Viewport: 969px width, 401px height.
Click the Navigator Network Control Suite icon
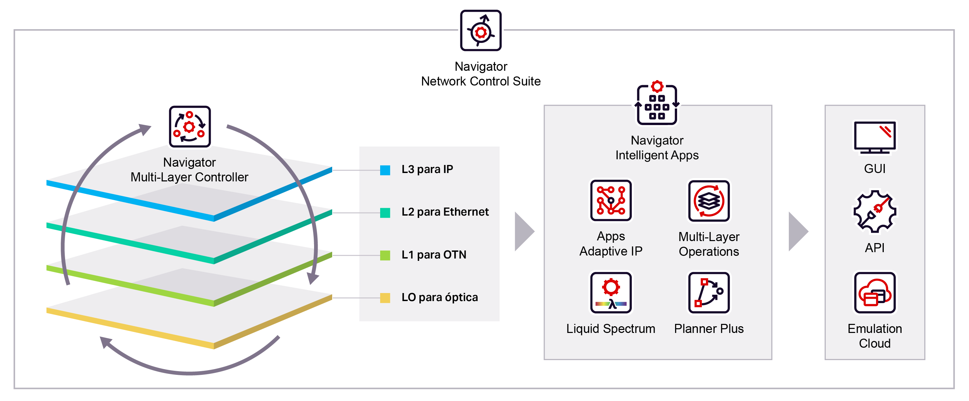[x=481, y=31]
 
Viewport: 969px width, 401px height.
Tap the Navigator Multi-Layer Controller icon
[x=190, y=127]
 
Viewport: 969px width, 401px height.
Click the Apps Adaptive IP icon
[x=611, y=200]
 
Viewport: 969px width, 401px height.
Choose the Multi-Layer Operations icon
[x=709, y=200]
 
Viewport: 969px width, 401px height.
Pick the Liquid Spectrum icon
[x=611, y=292]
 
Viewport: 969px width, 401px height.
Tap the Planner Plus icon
[x=709, y=292]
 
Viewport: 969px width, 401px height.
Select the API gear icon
[x=875, y=211]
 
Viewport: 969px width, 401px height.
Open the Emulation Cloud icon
[x=875, y=292]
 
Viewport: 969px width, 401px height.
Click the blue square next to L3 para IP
[x=385, y=170]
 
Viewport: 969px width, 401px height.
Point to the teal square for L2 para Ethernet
[x=385, y=213]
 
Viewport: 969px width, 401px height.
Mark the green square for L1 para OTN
[x=385, y=255]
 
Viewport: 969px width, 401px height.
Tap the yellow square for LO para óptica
[x=385, y=298]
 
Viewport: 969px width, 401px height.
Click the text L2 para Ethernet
[x=445, y=212]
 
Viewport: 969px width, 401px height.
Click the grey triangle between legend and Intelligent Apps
[x=524, y=231]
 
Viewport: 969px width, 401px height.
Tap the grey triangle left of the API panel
[x=798, y=231]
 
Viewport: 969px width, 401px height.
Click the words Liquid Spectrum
[x=611, y=329]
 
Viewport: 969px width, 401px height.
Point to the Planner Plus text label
[x=709, y=329]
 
